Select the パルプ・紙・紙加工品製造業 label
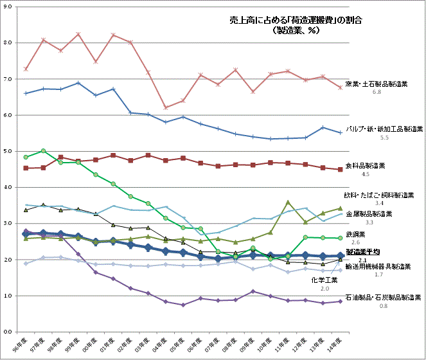384,129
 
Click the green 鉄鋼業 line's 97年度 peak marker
42,151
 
